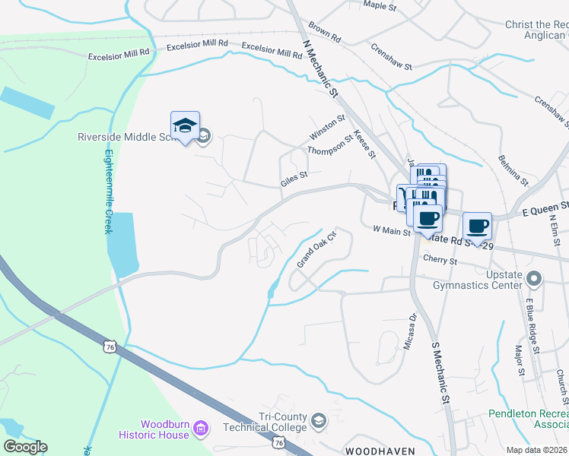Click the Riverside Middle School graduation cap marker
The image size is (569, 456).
pos(185,127)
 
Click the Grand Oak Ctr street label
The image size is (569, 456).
pos(316,249)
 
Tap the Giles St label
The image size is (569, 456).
pos(293,179)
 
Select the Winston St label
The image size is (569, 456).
pos(327,127)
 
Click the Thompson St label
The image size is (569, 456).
pos(329,145)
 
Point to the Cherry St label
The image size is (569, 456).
pos(440,260)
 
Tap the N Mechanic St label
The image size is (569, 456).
pos(319,69)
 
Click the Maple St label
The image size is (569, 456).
pos(380,6)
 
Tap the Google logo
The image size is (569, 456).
pos(25,447)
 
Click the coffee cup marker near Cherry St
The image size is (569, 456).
pos(477,226)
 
